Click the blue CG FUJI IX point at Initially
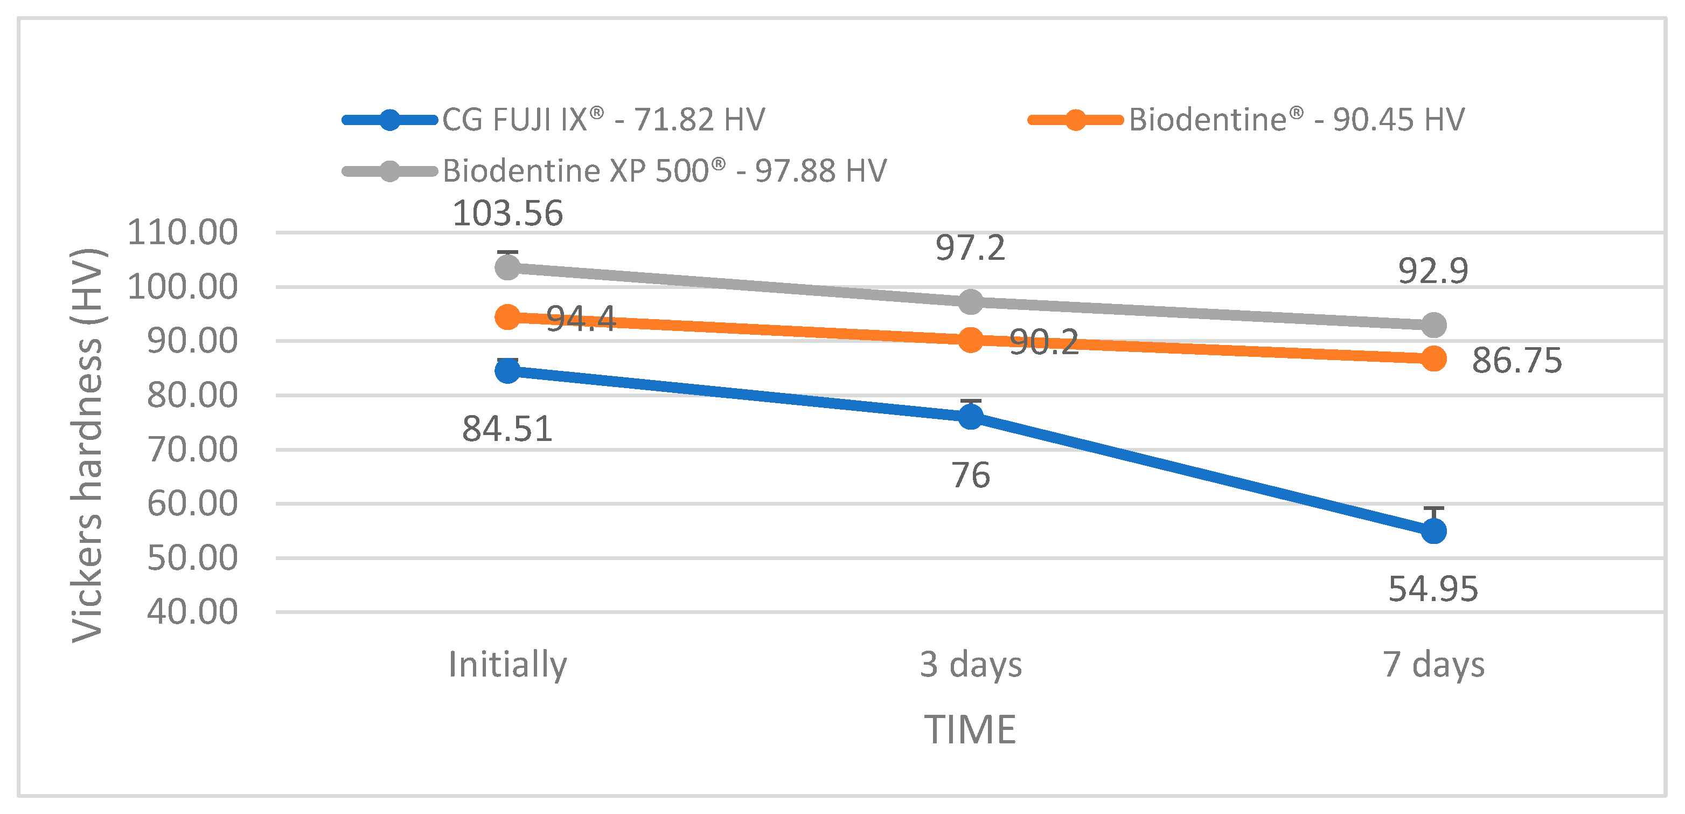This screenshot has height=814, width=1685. pyautogui.click(x=507, y=371)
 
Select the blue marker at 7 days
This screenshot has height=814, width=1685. pyautogui.click(x=1433, y=530)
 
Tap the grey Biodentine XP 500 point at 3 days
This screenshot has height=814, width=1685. pyautogui.click(x=970, y=302)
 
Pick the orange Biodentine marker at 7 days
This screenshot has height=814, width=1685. pyautogui.click(x=1433, y=358)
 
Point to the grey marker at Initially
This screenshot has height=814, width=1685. pyautogui.click(x=507, y=267)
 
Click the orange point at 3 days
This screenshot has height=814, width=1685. pyautogui.click(x=970, y=340)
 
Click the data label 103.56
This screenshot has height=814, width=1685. pyautogui.click(x=507, y=213)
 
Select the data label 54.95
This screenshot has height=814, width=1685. pyautogui.click(x=1432, y=589)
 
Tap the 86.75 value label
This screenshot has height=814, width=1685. pyautogui.click(x=1516, y=361)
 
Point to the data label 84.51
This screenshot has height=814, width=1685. pyautogui.click(x=507, y=429)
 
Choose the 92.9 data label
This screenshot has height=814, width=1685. pyautogui.click(x=1432, y=271)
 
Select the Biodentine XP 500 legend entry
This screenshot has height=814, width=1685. pyautogui.click(x=664, y=171)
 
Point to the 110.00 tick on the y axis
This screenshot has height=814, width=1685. pyautogui.click(x=183, y=232)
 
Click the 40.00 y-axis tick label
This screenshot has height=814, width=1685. pyautogui.click(x=192, y=612)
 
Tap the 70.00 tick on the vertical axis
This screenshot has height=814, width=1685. pyautogui.click(x=192, y=450)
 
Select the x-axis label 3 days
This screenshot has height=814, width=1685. pyautogui.click(x=970, y=664)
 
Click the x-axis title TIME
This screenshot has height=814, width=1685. pyautogui.click(x=970, y=729)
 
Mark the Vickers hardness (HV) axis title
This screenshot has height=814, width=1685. pyautogui.click(x=87, y=445)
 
